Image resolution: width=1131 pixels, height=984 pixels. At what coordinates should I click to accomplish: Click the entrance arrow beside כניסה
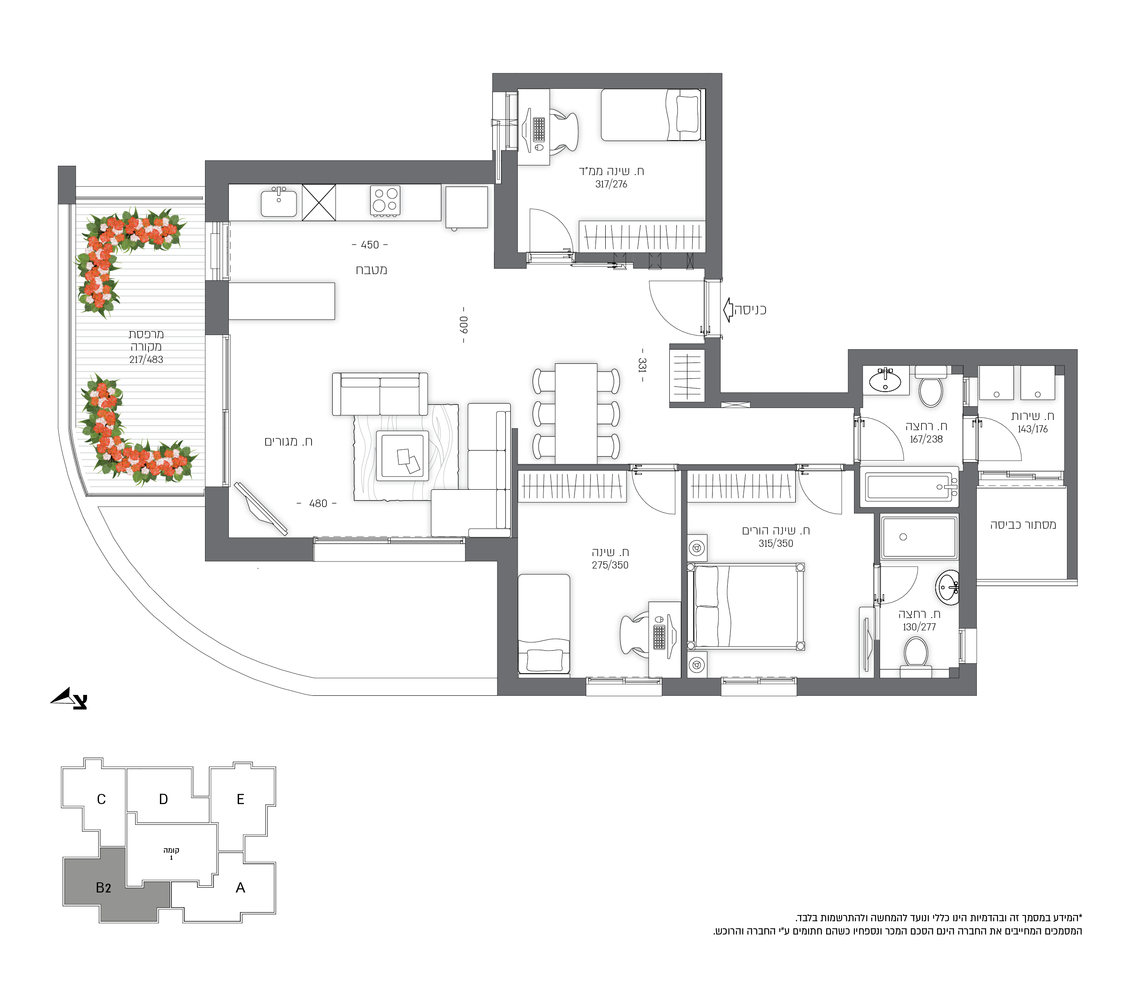click(x=728, y=310)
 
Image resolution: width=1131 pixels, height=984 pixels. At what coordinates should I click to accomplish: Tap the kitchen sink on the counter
click(x=279, y=202)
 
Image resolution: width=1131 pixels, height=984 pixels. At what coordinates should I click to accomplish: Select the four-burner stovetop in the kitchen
click(x=385, y=200)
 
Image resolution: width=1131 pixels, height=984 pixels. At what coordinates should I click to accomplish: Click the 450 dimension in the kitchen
click(x=370, y=245)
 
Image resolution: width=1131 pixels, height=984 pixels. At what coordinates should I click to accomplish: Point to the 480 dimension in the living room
click(x=317, y=503)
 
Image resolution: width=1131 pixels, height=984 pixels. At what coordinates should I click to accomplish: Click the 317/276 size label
click(x=611, y=184)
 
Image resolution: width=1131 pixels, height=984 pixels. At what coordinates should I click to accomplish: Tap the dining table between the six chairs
click(x=576, y=413)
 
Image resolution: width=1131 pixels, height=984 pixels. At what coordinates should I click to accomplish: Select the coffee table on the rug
click(x=402, y=456)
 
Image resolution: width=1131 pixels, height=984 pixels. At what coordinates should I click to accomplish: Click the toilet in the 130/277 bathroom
click(x=915, y=656)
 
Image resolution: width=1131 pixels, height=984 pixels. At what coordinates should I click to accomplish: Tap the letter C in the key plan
click(x=101, y=799)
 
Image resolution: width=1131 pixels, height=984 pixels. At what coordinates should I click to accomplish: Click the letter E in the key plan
click(x=240, y=799)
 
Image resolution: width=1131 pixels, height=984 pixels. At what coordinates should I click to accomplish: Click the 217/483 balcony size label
click(x=146, y=360)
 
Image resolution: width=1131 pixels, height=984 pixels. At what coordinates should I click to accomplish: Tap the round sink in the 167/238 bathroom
click(x=884, y=381)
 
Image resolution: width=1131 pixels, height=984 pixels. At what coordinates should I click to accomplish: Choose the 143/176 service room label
click(x=1032, y=429)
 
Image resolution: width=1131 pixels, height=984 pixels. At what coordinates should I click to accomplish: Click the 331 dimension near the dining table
click(x=642, y=365)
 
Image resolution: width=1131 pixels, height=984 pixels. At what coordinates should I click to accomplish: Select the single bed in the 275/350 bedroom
click(x=544, y=624)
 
